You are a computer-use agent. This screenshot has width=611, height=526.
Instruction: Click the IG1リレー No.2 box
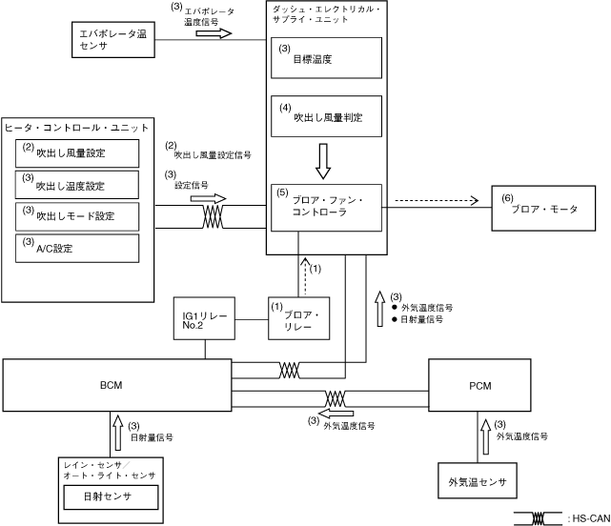204,318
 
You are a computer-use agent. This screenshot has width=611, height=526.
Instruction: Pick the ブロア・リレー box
298,318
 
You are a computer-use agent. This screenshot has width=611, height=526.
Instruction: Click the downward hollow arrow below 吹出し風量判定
324,161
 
